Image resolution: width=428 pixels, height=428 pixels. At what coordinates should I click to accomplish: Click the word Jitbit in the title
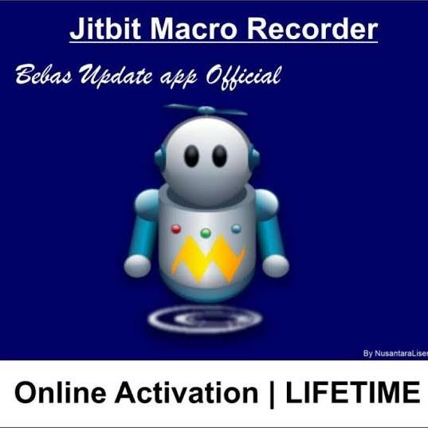[x=105, y=29]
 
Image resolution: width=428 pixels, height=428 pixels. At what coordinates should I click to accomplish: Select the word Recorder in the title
[x=312, y=29]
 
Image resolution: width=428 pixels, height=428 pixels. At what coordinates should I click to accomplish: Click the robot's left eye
[x=191, y=156]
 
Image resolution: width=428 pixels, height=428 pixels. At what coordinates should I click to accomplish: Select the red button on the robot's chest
[x=177, y=230]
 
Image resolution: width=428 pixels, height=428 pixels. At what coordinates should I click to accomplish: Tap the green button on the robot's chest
[x=206, y=234]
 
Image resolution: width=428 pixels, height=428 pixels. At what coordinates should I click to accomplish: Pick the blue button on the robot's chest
[x=236, y=230]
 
